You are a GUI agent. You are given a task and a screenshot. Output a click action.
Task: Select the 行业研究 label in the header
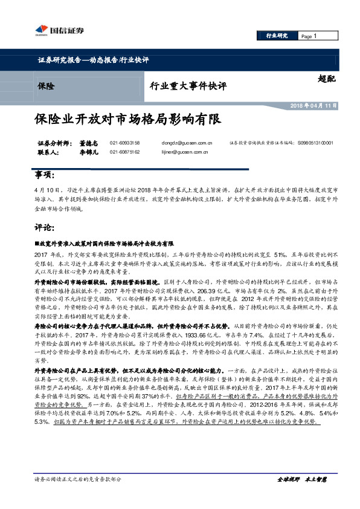(x=277, y=36)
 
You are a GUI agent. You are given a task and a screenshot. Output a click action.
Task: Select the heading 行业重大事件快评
(x=188, y=86)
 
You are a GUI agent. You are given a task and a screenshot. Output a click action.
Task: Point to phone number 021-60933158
(x=125, y=143)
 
